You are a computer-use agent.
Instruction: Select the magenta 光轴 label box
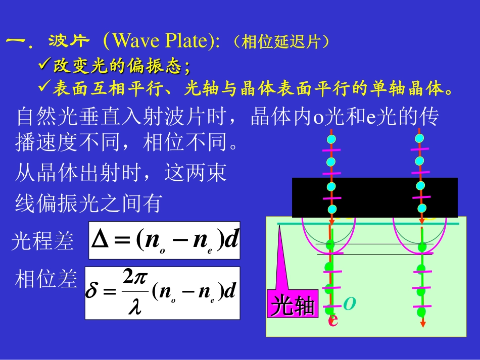click(x=293, y=304)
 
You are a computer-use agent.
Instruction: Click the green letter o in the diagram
click(x=349, y=303)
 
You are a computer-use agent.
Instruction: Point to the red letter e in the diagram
click(x=332, y=320)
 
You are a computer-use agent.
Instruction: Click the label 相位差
click(x=46, y=279)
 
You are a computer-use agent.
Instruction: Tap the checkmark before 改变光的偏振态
click(x=44, y=65)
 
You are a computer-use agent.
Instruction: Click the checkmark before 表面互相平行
click(x=44, y=88)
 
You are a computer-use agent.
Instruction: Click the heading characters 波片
click(x=68, y=40)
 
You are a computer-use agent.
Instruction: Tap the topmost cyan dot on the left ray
click(x=331, y=139)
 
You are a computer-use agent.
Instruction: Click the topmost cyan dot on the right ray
click(x=419, y=138)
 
